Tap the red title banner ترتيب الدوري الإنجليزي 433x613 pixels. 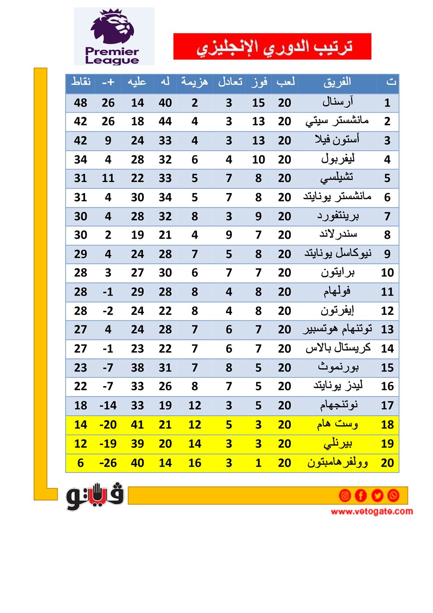[272, 46]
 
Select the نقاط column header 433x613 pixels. [81, 82]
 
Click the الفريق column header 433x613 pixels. [337, 82]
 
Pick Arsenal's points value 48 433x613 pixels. [80, 103]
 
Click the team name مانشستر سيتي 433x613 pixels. [337, 121]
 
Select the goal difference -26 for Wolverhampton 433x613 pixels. [108, 463]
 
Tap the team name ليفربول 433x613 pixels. [338, 159]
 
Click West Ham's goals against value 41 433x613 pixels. [137, 425]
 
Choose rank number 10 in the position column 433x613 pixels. [387, 273]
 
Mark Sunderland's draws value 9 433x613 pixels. [229, 235]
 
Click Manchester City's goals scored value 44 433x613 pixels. [165, 121]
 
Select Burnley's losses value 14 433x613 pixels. [195, 444]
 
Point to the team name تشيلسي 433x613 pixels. [337, 178]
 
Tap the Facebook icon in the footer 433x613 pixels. [361, 495]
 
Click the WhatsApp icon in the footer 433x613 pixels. [393, 495]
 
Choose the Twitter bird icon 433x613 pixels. [377, 495]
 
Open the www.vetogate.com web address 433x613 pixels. [372, 511]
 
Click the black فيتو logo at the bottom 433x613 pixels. [95, 497]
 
